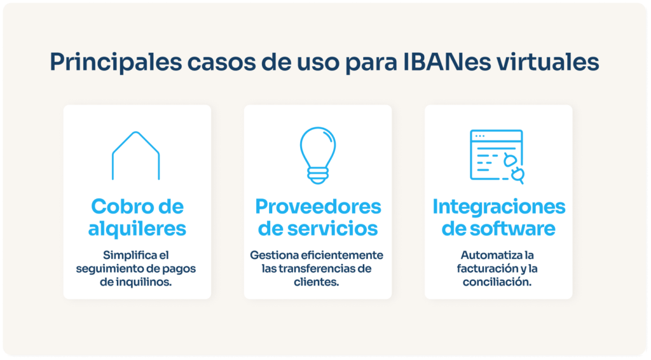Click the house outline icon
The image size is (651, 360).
[135, 155]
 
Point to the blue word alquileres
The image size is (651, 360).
[137, 228]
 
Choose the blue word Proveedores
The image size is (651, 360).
[318, 206]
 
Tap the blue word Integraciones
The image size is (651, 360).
[499, 206]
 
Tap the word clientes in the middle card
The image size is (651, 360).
[318, 282]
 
